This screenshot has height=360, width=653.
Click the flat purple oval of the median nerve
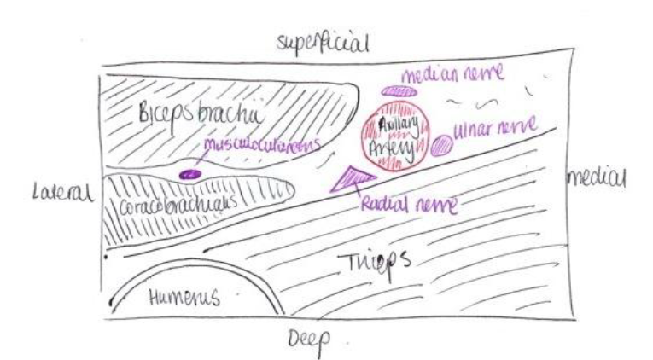pyautogui.click(x=399, y=90)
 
